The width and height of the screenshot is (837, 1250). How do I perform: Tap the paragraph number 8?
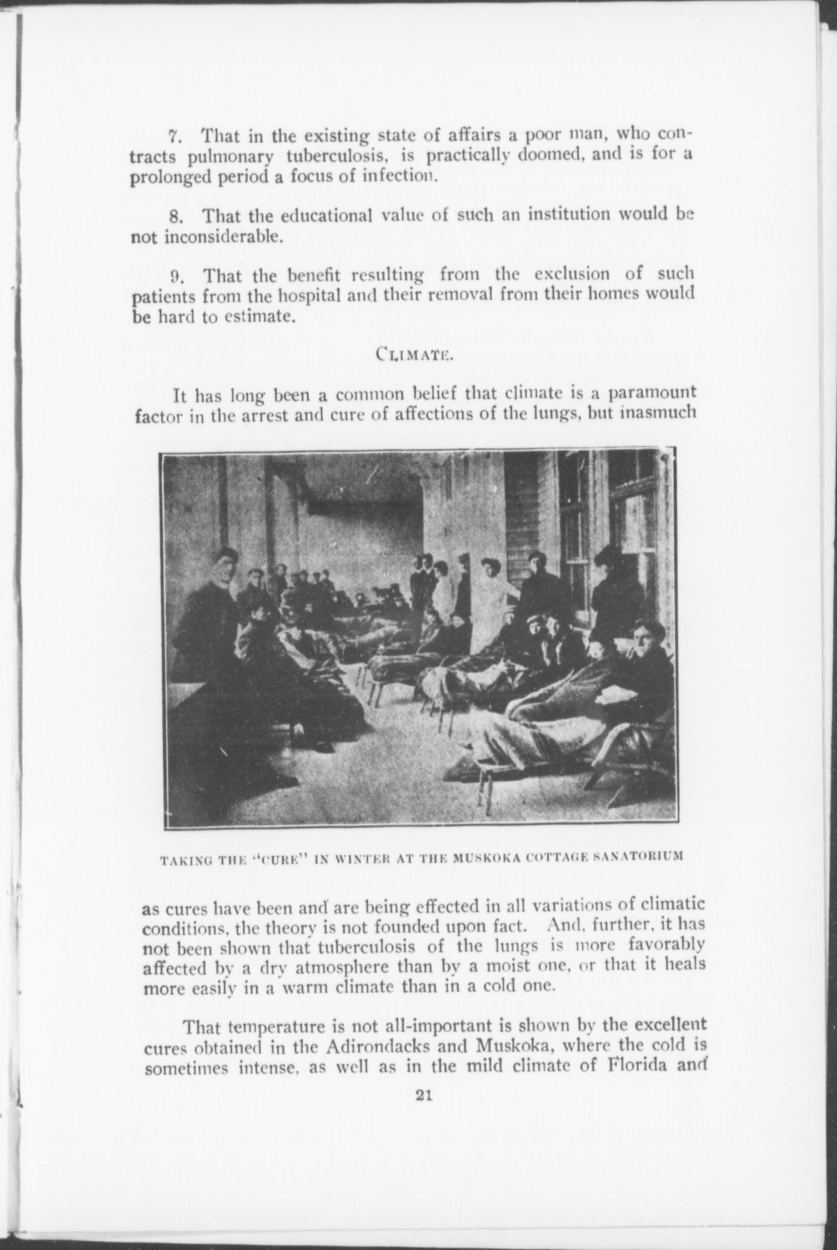pyautogui.click(x=173, y=217)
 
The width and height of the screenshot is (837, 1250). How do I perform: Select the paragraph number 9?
pyautogui.click(x=173, y=274)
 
